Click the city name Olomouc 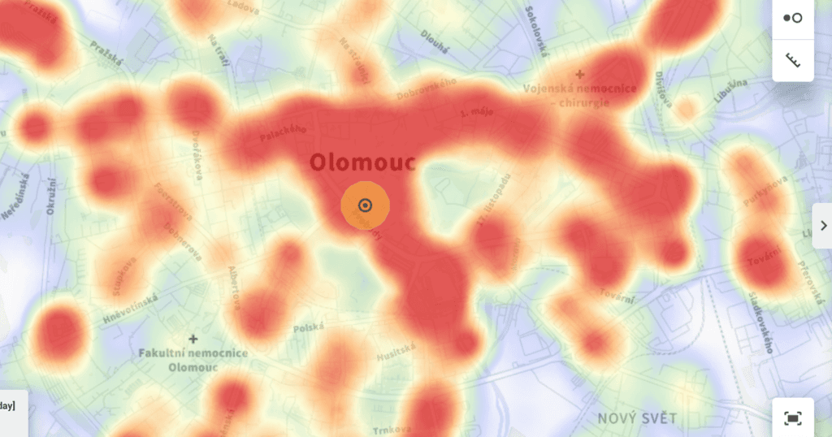point(362,162)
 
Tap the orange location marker point(365,206)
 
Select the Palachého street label point(283,133)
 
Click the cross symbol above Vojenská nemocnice point(580,73)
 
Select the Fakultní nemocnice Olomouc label point(193,360)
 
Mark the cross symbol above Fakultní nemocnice point(193,338)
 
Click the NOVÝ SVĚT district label point(637,418)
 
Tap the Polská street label point(309,328)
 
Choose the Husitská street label point(396,352)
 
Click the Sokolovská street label point(537,31)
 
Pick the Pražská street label point(106,52)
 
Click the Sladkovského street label point(760,322)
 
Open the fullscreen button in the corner point(792,418)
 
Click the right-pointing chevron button point(822,225)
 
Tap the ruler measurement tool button point(792,60)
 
